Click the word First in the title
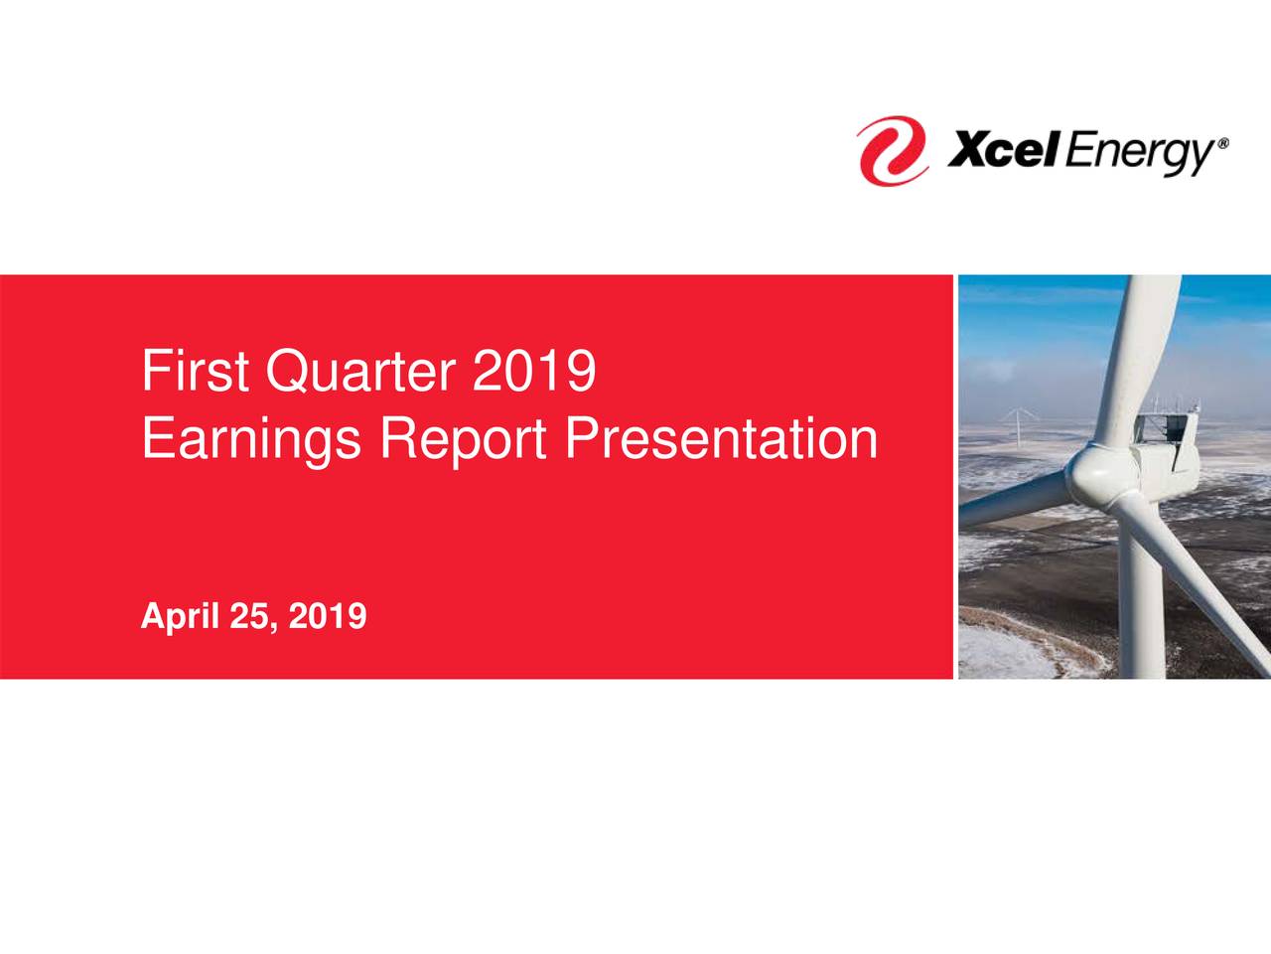click(187, 372)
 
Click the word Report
click(463, 438)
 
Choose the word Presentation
click(721, 438)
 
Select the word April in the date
click(180, 617)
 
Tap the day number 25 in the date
click(252, 617)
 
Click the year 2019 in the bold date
click(327, 617)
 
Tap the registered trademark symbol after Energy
click(1223, 143)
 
